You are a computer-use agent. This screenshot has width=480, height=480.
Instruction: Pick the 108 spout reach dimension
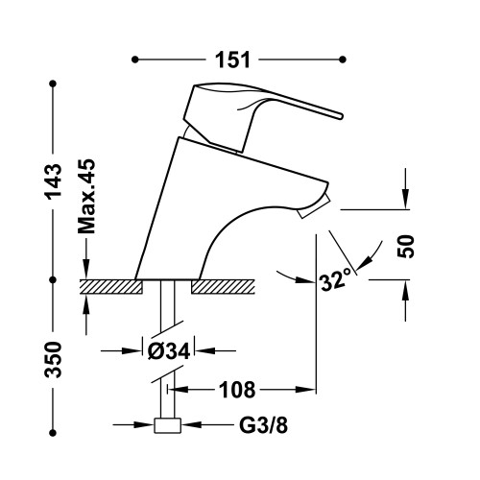235,390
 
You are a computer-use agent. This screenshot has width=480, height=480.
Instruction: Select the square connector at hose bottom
168,426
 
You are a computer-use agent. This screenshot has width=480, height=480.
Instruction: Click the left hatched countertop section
109,285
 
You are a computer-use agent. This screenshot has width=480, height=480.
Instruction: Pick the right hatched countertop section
225,285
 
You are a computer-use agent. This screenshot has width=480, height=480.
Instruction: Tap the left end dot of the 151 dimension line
134,60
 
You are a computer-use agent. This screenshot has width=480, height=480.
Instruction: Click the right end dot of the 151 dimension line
343,60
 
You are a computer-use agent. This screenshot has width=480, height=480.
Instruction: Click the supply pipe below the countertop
167,307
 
